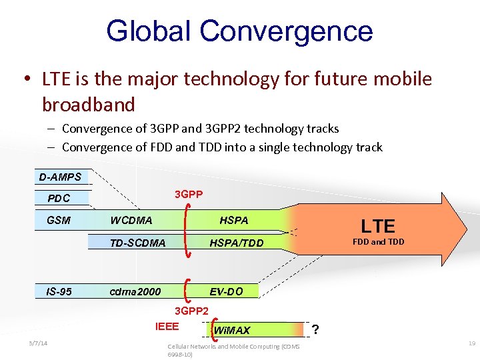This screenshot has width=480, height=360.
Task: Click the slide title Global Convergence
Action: (239, 31)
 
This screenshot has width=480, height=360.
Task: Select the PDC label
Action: (59, 198)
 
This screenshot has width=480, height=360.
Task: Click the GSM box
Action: (59, 220)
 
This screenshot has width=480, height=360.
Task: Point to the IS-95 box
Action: (59, 291)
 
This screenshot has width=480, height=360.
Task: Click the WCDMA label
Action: (131, 220)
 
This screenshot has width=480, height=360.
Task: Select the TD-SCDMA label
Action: (138, 243)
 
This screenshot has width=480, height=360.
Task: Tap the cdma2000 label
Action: (135, 291)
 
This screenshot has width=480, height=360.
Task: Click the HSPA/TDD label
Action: (236, 243)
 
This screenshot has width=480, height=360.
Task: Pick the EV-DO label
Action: (226, 291)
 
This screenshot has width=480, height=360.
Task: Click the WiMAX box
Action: (232, 330)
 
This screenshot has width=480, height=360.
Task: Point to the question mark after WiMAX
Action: (315, 329)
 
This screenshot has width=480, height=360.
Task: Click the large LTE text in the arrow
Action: (378, 226)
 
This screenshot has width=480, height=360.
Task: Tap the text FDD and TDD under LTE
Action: (378, 241)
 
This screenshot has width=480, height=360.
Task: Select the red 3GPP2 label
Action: (191, 311)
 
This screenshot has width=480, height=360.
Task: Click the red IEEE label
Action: (167, 326)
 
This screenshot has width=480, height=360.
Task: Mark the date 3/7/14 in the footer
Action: (39, 343)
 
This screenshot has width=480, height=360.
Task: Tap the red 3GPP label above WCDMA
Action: (189, 195)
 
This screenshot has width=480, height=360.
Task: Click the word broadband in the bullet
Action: (89, 105)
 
